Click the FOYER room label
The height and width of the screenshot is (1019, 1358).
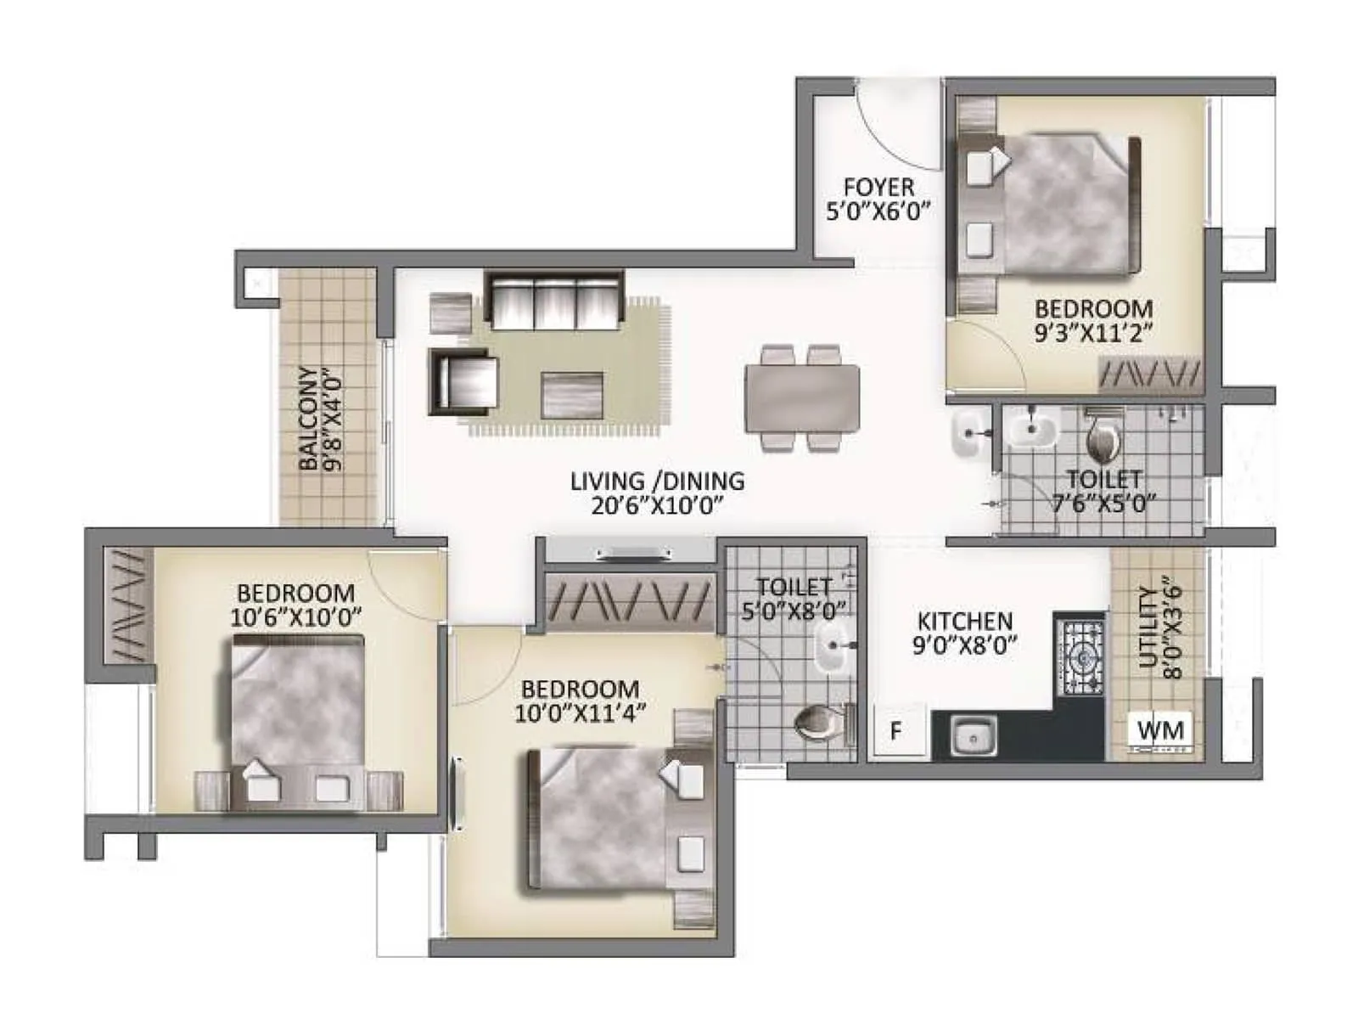pos(878,187)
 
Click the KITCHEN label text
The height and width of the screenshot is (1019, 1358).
pos(964,622)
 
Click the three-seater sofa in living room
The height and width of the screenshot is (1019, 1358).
pos(555,301)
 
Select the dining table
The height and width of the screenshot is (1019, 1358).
pos(801,397)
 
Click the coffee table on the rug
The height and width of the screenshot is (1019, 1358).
pos(573,394)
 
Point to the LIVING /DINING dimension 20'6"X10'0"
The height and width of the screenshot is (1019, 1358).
pos(657,505)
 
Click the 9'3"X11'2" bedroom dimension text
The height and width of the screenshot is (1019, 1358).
pos(1093,333)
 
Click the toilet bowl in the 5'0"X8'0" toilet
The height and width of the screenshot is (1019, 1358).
pos(822,723)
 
